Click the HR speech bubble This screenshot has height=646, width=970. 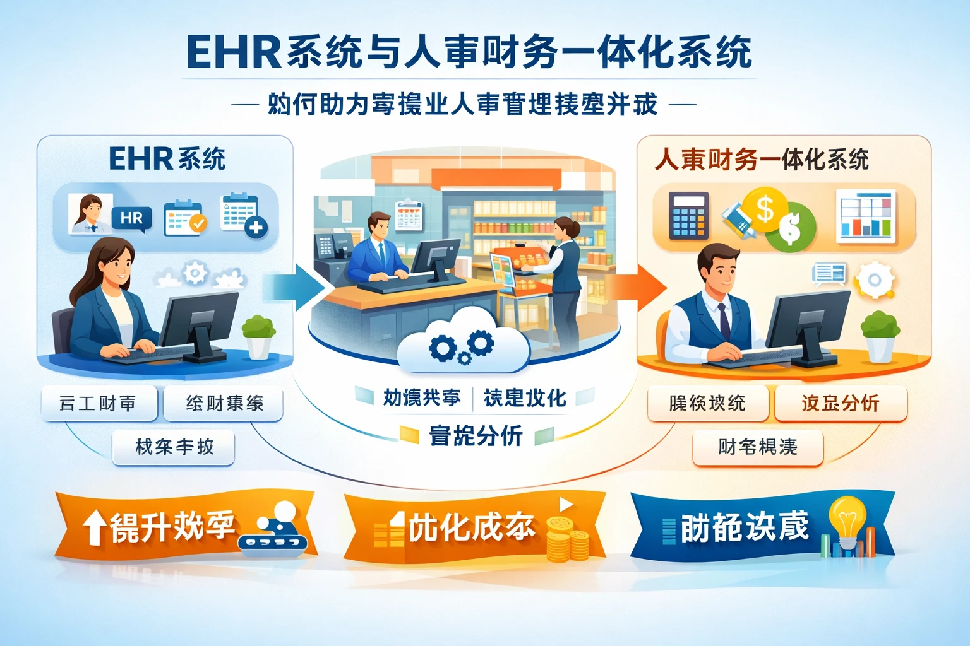(x=131, y=219)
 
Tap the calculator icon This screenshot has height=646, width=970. (x=688, y=214)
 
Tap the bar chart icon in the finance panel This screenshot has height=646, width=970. (x=866, y=216)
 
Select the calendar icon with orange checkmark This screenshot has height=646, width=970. (x=184, y=218)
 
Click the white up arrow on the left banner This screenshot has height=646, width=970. (x=95, y=527)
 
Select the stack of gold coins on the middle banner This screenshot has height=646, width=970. (x=566, y=539)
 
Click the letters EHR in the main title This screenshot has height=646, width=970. (x=234, y=52)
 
